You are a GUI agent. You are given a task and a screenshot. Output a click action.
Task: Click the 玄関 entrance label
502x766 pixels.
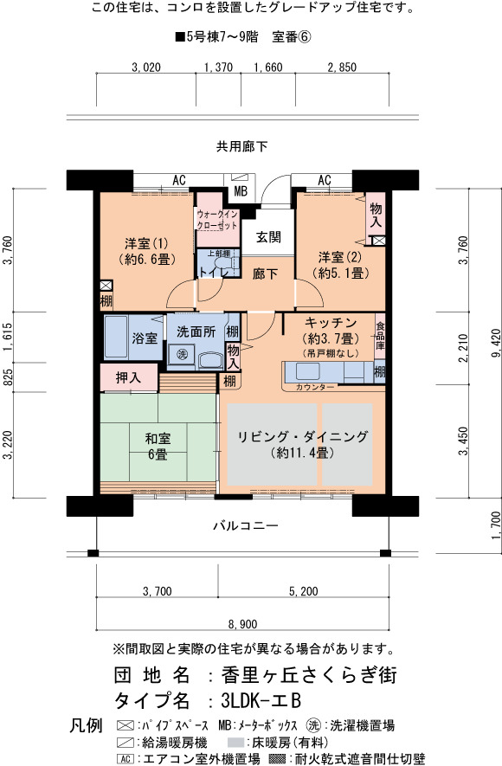268,237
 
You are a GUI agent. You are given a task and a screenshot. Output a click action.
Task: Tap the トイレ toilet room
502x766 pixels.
218,264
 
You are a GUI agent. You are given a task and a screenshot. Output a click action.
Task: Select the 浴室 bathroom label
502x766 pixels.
145,337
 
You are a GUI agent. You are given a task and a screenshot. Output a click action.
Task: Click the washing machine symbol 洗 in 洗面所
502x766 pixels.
183,354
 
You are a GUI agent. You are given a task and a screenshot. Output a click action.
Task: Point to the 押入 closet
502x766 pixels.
129,377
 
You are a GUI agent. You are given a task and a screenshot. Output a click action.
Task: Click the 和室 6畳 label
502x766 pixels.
158,447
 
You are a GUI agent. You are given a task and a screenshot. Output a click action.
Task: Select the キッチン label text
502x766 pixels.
331,323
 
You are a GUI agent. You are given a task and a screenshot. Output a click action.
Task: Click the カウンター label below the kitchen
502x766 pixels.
315,387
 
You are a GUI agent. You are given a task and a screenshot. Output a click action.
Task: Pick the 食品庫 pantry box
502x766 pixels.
380,336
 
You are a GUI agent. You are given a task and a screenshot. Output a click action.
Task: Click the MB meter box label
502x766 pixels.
241,191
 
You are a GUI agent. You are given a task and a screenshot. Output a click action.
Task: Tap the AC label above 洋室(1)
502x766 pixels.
179,180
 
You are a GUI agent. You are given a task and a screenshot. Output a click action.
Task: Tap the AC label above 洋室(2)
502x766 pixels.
325,180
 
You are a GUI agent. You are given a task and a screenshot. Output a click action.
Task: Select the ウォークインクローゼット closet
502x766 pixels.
217,220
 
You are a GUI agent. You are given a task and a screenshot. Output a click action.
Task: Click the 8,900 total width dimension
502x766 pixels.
242,624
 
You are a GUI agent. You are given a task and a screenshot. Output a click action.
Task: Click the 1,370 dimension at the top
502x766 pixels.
218,68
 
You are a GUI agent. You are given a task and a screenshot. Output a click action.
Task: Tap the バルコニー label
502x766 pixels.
246,525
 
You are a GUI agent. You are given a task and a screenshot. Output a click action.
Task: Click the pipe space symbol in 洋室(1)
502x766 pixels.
106,286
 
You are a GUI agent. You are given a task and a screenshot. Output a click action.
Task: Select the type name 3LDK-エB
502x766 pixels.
261,700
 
